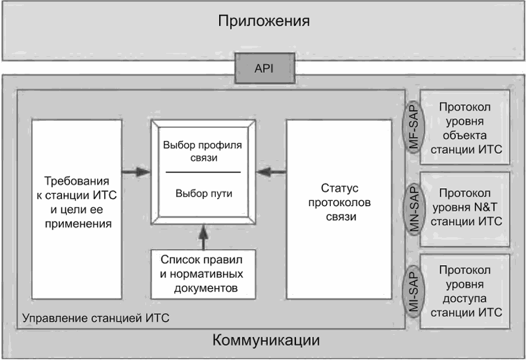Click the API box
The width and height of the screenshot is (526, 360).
pos(265,68)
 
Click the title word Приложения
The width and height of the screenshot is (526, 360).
pos(264,21)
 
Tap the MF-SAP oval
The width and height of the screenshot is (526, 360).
pos(414,127)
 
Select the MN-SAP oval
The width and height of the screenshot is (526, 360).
pos(414,209)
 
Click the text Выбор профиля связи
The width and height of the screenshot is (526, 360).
pos(203,151)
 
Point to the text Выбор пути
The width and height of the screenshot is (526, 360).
pos(204,194)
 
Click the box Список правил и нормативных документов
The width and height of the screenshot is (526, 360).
pos(204,274)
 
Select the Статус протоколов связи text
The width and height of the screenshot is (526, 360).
pos(339,202)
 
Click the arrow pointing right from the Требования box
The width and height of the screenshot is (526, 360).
pos(136,172)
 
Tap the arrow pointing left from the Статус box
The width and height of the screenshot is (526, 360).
pos(271,172)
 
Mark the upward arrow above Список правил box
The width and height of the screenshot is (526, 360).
pos(204,237)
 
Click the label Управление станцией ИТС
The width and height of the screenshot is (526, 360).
pos(96,318)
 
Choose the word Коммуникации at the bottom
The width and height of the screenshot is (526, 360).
pos(266,340)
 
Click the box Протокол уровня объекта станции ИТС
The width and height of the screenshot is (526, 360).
pos(465,127)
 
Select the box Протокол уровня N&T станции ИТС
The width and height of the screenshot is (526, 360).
pos(465,209)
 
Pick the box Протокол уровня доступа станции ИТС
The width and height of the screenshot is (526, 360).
pos(465,291)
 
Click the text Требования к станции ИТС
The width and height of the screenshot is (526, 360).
pos(77,188)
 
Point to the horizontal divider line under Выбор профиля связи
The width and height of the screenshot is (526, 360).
pos(204,173)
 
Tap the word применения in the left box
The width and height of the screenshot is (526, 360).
pos(78,224)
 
